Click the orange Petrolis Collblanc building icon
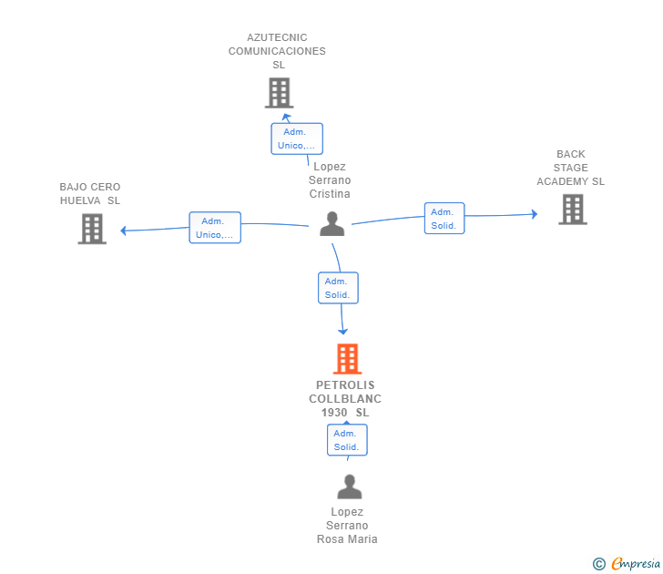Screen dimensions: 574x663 [x=347, y=359]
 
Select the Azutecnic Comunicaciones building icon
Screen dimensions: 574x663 [x=279, y=93]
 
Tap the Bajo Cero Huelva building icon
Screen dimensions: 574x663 [x=92, y=229]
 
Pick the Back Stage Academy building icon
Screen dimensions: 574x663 [x=572, y=209]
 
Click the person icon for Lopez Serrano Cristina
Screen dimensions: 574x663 [x=332, y=224]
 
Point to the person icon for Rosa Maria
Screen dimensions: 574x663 [x=349, y=487]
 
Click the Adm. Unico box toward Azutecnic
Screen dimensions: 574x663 [x=297, y=138]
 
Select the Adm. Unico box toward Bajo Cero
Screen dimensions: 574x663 [x=215, y=228]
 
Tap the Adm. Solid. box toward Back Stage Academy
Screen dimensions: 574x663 [x=444, y=219]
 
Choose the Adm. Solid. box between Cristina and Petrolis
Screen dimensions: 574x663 [x=338, y=288]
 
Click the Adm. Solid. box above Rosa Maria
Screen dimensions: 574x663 [x=347, y=440]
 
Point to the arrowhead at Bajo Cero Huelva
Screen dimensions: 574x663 [x=123, y=231]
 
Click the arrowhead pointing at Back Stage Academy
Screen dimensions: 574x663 [x=535, y=214]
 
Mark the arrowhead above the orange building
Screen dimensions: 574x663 [x=344, y=333]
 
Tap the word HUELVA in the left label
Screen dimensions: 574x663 [x=80, y=200]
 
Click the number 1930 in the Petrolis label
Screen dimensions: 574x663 [x=334, y=413]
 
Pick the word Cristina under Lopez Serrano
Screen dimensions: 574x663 [x=330, y=194]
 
